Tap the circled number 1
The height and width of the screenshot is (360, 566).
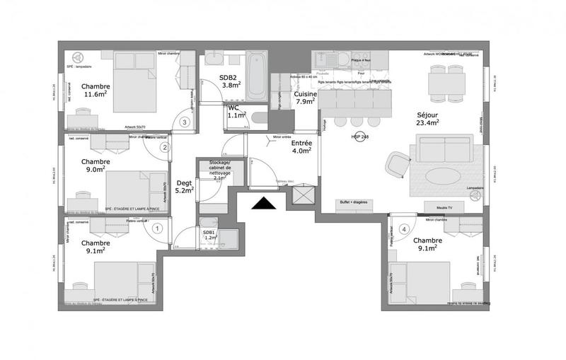(157, 228)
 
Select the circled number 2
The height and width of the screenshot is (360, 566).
(164, 148)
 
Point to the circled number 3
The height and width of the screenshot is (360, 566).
(185, 122)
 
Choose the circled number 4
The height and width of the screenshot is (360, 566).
(404, 228)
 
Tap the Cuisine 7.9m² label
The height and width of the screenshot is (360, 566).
(305, 98)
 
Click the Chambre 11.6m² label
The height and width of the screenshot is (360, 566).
(96, 89)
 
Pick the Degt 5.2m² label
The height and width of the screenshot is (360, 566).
(184, 186)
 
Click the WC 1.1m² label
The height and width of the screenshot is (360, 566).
(236, 111)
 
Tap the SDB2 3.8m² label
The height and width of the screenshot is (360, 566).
(230, 81)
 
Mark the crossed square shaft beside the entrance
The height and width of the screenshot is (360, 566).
(302, 195)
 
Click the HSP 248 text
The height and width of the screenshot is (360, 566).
(359, 137)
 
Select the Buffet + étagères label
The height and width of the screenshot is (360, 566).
(353, 202)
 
